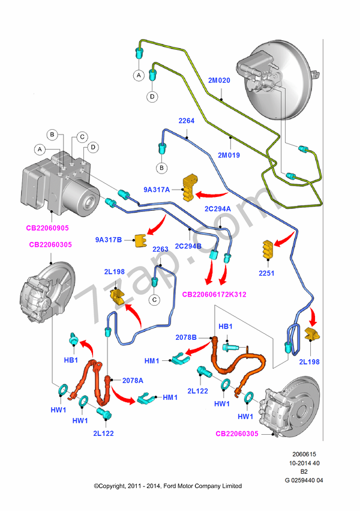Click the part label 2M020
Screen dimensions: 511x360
coord(219,80)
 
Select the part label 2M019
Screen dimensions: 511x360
coord(228,155)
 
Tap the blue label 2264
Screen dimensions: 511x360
coord(187,121)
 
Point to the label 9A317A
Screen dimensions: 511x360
coord(157,190)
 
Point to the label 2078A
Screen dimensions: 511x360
coord(133,379)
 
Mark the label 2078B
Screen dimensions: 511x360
coord(186,337)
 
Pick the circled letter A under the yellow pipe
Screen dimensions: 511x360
coord(138,75)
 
